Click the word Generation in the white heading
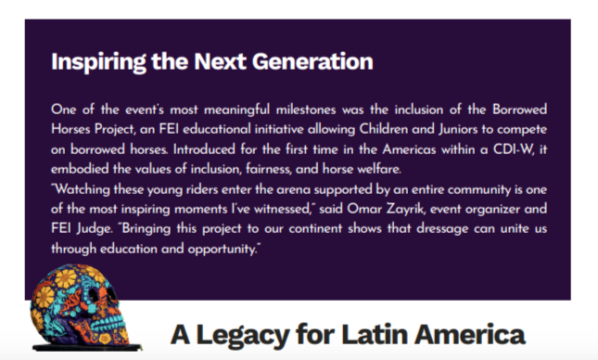(312, 61)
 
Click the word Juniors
(458, 129)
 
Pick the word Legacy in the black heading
(243, 335)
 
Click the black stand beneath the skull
(87, 347)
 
